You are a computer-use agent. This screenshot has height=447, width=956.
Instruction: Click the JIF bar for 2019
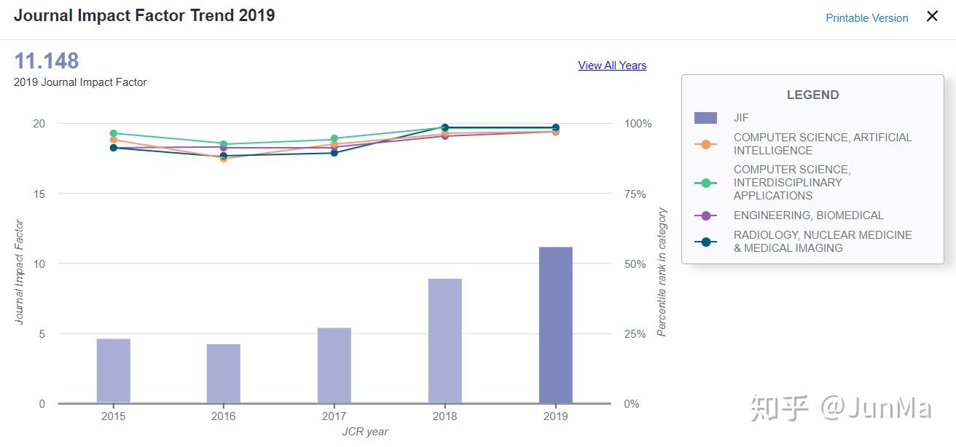pos(555,325)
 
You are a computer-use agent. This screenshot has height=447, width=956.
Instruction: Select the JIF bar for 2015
pos(113,371)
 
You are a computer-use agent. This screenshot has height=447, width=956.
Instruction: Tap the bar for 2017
pos(334,365)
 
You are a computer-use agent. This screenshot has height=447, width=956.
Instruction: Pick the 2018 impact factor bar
pos(444,341)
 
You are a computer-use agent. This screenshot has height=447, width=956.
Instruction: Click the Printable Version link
pos(866,18)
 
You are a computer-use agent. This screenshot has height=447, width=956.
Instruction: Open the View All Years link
pos(612,66)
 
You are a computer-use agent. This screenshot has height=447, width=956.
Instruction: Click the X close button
pos(932,17)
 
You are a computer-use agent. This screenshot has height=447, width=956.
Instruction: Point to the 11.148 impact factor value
pos(46,61)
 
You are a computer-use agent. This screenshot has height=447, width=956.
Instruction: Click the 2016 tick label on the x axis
pos(223,416)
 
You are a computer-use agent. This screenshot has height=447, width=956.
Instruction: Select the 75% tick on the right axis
pos(635,194)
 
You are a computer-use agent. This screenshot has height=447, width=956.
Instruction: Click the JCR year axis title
pos(365,432)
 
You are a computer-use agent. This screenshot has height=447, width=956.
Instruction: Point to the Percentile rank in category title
pos(662,272)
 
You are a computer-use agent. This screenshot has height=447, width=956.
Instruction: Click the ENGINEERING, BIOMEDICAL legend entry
pos(808,215)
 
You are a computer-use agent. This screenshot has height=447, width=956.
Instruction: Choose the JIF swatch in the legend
pos(705,118)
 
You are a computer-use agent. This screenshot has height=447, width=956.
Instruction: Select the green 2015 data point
pos(113,133)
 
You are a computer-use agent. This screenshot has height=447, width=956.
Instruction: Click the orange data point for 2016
pos(224,158)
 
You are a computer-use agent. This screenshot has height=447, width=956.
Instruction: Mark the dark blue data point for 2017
pos(334,153)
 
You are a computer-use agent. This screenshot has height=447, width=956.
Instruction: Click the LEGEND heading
pos(812,95)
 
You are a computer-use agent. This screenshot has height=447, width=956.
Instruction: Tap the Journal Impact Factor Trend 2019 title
pos(144,15)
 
